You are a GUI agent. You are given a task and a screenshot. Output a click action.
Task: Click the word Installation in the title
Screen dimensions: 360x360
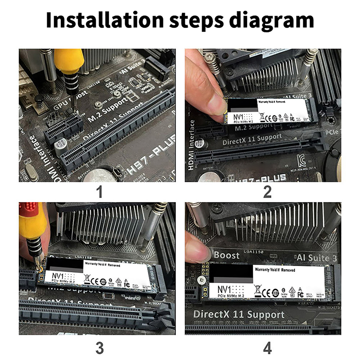click(x=104, y=21)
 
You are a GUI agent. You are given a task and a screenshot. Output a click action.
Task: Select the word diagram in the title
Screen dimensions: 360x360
click(x=270, y=21)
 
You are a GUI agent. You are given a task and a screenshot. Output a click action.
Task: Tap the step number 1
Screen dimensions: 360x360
click(x=99, y=192)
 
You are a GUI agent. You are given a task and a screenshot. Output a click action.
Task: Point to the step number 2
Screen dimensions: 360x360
click(x=267, y=192)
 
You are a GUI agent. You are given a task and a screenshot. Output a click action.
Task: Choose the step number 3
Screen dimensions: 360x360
click(x=99, y=347)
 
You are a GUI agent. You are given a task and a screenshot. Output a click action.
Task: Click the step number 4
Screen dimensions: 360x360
click(x=267, y=347)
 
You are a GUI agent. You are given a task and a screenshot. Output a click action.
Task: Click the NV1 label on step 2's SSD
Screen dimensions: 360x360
click(x=237, y=118)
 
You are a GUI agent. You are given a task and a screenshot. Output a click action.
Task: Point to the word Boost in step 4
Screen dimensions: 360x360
click(x=227, y=255)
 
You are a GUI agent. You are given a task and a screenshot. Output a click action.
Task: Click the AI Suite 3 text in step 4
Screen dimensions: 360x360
click(x=317, y=257)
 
